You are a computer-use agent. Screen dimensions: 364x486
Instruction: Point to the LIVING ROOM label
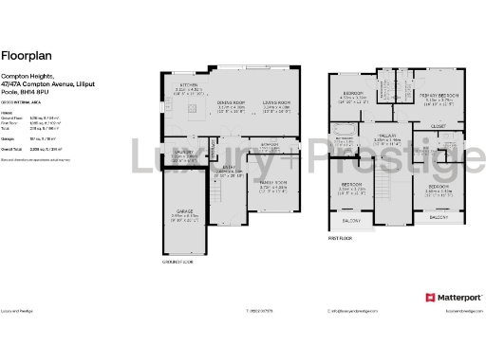coord(276,105)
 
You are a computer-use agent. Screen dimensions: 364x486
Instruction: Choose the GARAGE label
coord(185,213)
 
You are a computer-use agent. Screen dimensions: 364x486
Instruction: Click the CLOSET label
coord(438,125)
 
